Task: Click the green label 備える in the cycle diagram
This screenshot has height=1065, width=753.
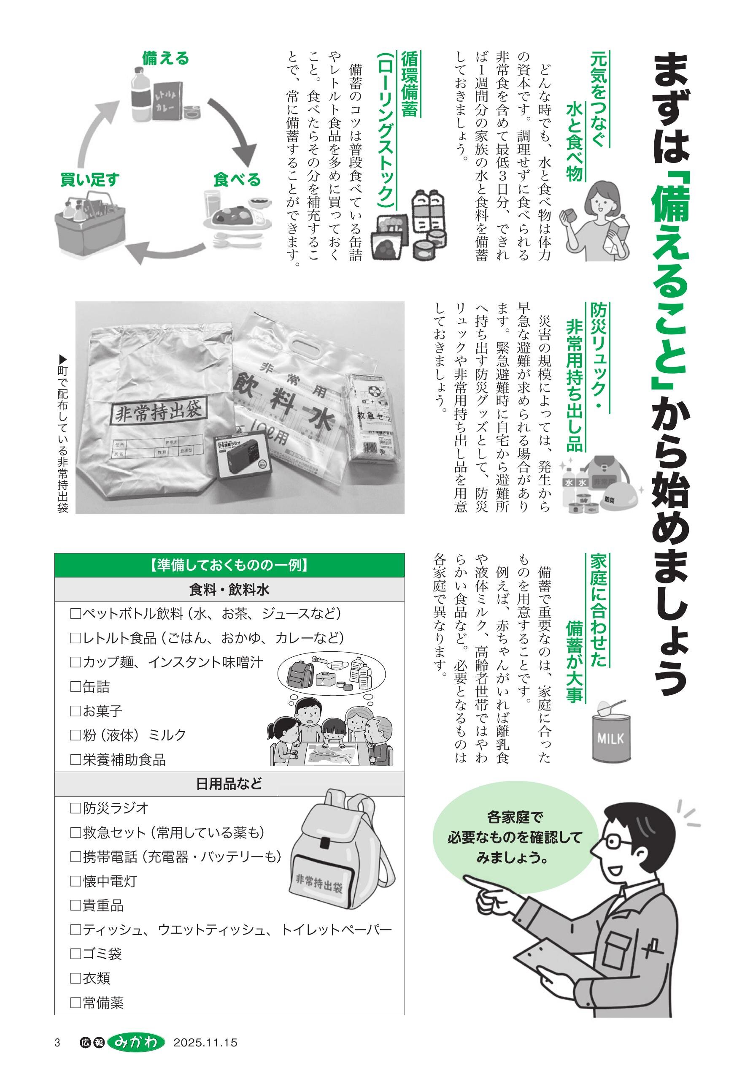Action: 165,58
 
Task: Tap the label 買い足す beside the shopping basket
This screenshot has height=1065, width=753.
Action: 90,179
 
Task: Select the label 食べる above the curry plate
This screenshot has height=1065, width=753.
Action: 237,179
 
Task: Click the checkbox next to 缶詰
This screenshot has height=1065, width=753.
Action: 75,686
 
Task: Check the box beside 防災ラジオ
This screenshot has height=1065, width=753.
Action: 75,808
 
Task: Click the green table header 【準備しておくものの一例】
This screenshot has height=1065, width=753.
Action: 229,565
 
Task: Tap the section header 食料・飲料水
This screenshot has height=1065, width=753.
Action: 229,590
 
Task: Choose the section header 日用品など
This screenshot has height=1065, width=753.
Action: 229,784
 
